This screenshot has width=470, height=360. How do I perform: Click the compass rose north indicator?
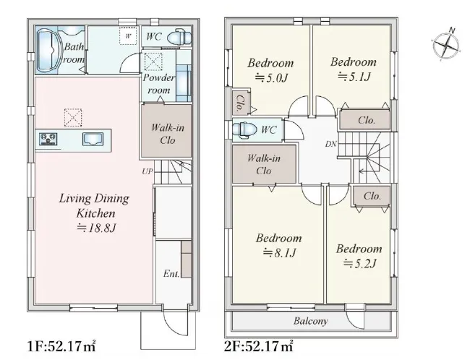click(446, 44)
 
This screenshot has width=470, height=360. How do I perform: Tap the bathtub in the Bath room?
click(48, 50)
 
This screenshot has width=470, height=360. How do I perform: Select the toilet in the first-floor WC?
click(179, 38)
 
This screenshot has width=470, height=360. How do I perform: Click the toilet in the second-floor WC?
click(244, 130)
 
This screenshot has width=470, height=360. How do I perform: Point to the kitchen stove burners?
click(48, 139)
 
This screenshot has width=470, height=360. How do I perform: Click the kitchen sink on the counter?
click(93, 139)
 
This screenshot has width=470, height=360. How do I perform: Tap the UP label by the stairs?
click(148, 171)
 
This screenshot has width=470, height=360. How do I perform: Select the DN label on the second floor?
click(331, 144)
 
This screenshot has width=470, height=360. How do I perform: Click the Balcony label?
click(310, 322)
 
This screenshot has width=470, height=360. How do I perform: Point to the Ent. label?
click(171, 274)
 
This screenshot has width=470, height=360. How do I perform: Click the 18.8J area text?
click(96, 228)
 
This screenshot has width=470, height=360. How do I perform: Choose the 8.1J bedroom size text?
click(280, 253)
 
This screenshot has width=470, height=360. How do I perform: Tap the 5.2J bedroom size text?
click(359, 264)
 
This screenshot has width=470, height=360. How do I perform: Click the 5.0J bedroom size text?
click(271, 78)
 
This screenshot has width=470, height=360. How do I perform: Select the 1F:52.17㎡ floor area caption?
click(61, 346)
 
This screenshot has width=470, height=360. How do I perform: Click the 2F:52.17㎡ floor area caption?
click(259, 346)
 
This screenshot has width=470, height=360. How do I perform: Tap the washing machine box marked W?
click(128, 36)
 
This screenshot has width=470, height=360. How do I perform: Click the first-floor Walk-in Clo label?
click(167, 134)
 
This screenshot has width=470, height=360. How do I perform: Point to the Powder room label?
click(158, 84)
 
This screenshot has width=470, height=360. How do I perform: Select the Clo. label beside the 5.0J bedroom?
click(240, 103)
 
